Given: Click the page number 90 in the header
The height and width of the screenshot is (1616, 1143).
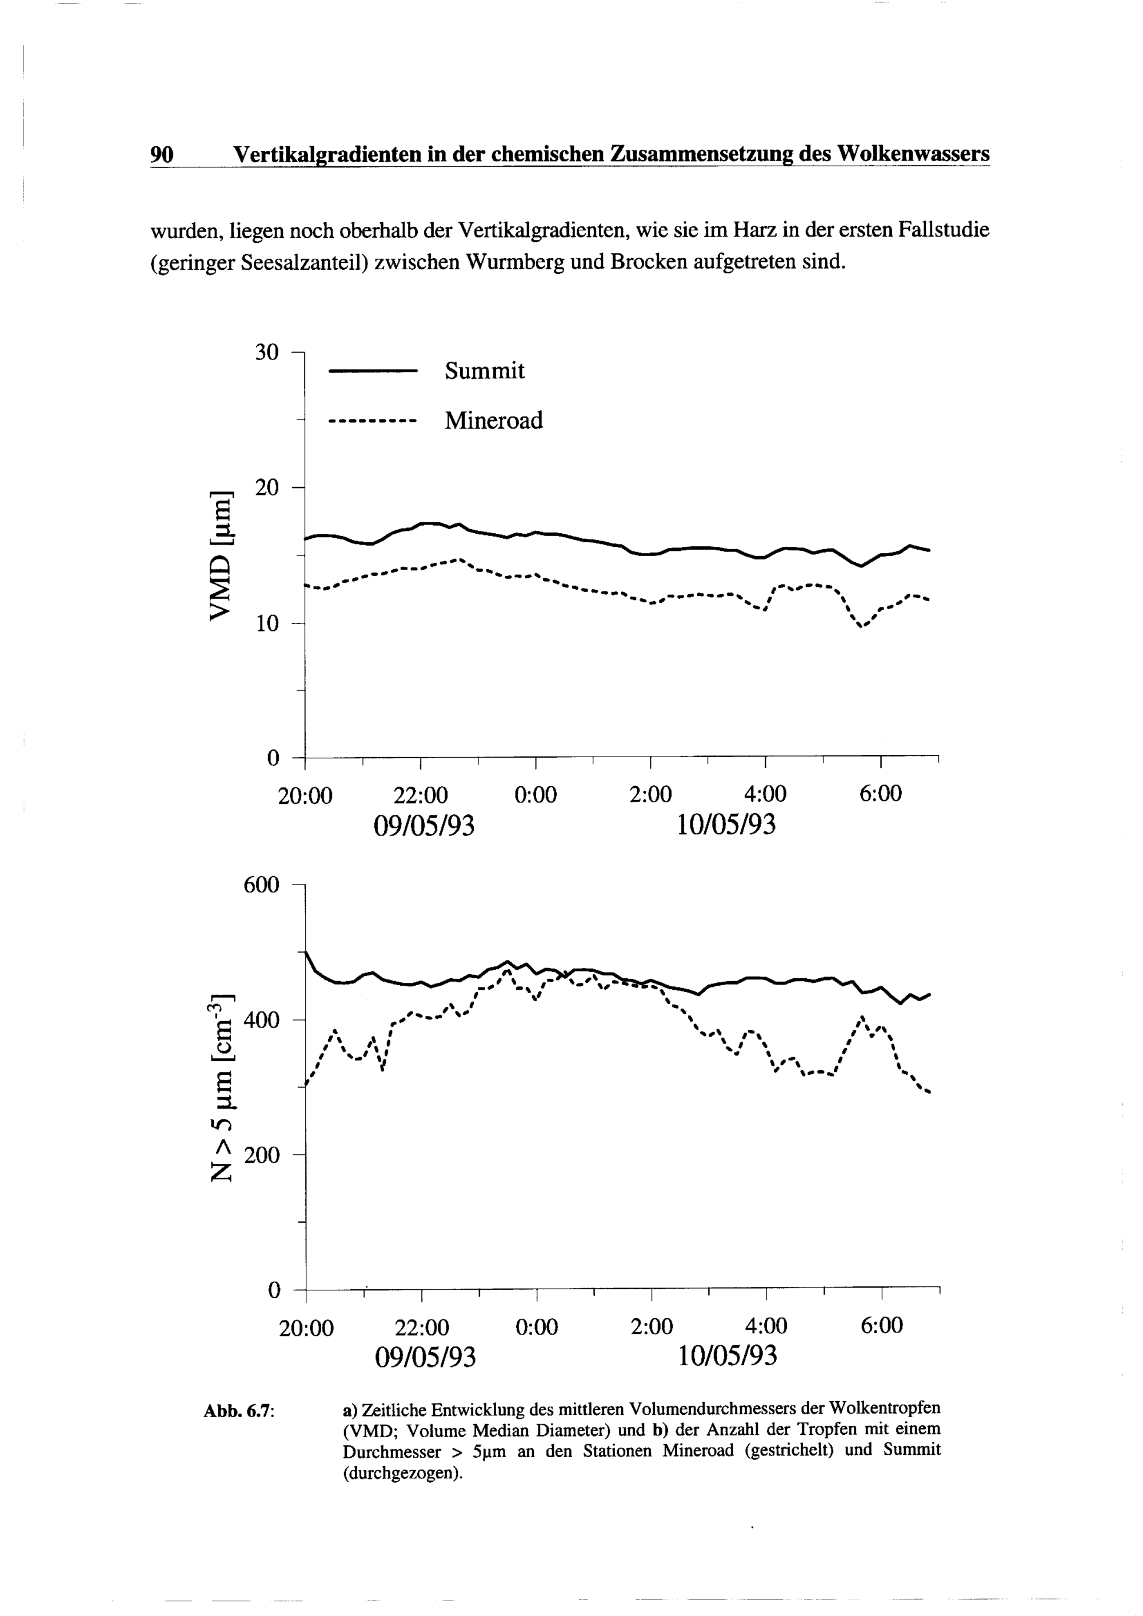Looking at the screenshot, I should point(161,154).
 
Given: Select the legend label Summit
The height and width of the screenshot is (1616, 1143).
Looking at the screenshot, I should point(484,371).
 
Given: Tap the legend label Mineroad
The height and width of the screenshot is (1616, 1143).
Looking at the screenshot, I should point(493,421).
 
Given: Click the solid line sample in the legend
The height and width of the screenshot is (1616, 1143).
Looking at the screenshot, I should point(373,371).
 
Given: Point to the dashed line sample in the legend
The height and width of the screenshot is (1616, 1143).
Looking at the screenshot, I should point(373,422).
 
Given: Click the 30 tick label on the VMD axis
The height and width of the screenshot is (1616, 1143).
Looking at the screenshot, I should point(267,352).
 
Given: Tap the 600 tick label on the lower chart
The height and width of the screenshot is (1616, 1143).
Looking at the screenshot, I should point(261,885).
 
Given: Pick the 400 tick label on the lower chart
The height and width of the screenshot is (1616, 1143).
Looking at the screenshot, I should point(261,1020).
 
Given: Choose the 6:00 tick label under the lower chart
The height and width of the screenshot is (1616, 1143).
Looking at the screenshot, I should point(881,1327).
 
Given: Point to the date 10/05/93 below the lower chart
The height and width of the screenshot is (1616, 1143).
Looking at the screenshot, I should point(727,1355).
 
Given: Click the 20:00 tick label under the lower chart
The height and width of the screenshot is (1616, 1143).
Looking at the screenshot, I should point(306,1328).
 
